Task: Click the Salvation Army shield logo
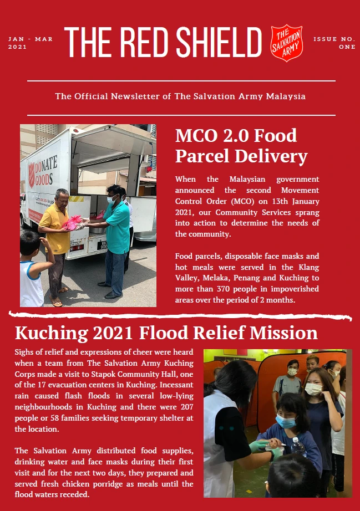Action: [x=287, y=42]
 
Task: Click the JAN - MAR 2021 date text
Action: [x=31, y=43]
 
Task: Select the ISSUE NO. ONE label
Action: [x=334, y=43]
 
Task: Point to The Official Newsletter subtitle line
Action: [x=180, y=96]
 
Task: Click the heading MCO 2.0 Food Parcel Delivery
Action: [x=241, y=146]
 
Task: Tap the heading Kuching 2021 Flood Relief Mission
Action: [x=166, y=333]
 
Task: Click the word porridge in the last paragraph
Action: [x=124, y=484]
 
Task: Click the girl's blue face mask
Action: [x=285, y=422]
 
